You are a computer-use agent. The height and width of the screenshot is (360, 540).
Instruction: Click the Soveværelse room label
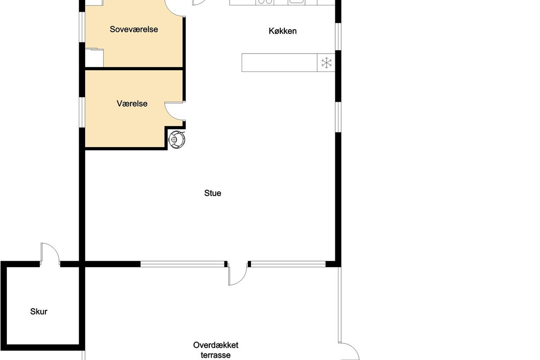click(x=134, y=29)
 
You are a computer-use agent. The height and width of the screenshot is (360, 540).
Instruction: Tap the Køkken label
click(x=283, y=31)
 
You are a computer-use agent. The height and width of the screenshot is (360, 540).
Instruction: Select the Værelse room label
click(x=132, y=103)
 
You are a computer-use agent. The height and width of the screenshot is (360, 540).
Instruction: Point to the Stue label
click(x=212, y=193)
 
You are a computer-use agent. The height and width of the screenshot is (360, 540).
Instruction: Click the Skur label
click(x=39, y=311)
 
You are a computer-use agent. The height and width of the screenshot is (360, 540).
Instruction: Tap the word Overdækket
click(x=216, y=345)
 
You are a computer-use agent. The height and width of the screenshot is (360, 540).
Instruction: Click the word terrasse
click(x=216, y=355)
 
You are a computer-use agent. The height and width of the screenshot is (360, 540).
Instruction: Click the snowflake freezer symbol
click(x=326, y=63)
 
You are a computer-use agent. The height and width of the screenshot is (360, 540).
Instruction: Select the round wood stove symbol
click(x=177, y=139)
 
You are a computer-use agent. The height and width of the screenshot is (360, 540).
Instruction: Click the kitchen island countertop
click(x=279, y=63)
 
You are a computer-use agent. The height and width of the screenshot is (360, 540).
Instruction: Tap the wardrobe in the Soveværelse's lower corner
click(x=94, y=58)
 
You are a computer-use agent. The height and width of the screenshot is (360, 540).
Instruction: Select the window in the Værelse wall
click(x=82, y=112)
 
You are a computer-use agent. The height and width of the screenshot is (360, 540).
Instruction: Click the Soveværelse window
click(x=82, y=27)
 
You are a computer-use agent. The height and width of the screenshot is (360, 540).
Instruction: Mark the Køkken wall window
click(x=338, y=36)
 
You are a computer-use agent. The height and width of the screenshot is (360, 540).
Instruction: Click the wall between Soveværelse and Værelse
click(x=134, y=69)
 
